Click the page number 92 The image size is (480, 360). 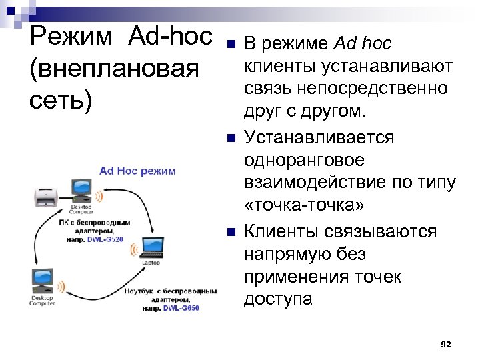446,344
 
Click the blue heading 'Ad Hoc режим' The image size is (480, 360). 137,171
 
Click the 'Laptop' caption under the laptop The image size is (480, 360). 151,263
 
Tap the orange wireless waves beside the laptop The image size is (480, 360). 133,249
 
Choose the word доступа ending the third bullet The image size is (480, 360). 278,299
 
